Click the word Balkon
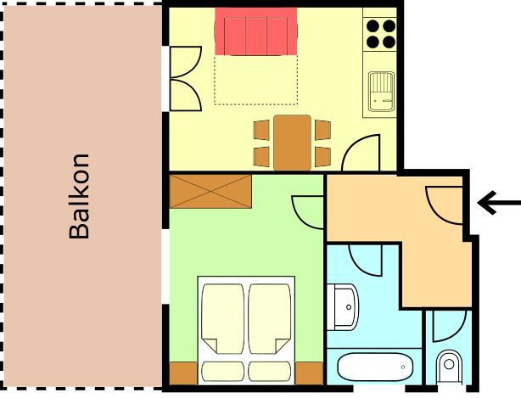pyautogui.click(x=80, y=196)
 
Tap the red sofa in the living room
pyautogui.click(x=256, y=31)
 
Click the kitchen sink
pyautogui.click(x=382, y=91)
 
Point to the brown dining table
pyautogui.click(x=293, y=143)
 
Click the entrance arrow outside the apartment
pyautogui.click(x=498, y=203)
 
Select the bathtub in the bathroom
pyautogui.click(x=375, y=367)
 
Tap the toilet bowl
pyautogui.click(x=449, y=367)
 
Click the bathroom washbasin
pyautogui.click(x=342, y=307)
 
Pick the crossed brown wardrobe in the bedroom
pyautogui.click(x=210, y=192)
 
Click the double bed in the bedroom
pyautogui.click(x=246, y=330)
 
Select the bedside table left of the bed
pyautogui.click(x=183, y=373)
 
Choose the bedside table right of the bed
pyautogui.click(x=309, y=373)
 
